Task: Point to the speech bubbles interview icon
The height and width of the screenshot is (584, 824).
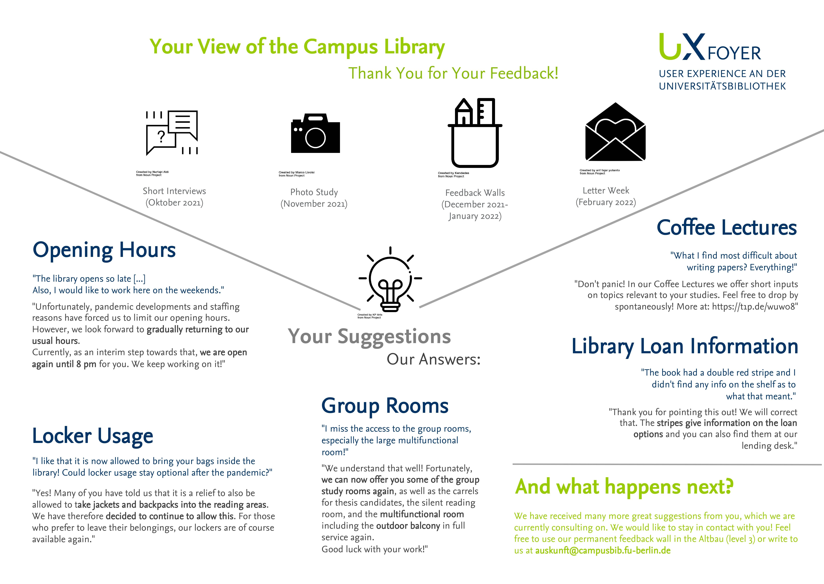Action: point(172,133)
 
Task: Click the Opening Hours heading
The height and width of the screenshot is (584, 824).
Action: point(104,250)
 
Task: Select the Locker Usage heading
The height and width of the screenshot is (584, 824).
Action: point(93,436)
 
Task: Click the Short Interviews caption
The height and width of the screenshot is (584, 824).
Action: point(174,191)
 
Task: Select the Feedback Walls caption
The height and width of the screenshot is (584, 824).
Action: point(475,193)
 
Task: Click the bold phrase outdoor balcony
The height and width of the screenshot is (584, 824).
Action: point(408,526)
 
